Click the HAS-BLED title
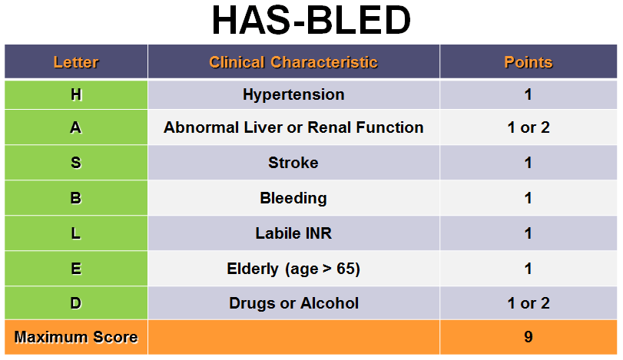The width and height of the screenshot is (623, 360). pos(311,22)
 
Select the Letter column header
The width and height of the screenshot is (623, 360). pos(76,62)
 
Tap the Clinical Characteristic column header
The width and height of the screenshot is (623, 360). pos(293,62)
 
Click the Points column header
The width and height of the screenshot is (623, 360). pos(529,62)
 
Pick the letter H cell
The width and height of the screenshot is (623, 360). pos(76,95)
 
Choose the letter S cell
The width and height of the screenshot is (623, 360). pos(76,163)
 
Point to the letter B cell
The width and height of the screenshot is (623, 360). pos(76,198)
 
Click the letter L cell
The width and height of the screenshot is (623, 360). pos(76,233)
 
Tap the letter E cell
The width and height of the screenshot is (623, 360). pos(76,269)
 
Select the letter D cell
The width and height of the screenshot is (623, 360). pos(76,303)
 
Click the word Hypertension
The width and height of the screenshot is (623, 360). pos(293,95)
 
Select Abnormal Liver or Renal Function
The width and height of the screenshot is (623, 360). pos(293,128)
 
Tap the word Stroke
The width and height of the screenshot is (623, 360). pos(293,163)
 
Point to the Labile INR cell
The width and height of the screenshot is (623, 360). pos(293,233)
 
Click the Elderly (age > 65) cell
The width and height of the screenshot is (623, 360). pos(293,269)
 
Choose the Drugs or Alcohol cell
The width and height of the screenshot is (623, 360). pos(293,303)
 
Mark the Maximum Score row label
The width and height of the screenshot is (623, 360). pos(76,337)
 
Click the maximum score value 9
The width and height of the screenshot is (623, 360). pos(529,337)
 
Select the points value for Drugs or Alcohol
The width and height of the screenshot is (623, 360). pos(529,303)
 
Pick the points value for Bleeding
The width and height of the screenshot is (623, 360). pos(529,198)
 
